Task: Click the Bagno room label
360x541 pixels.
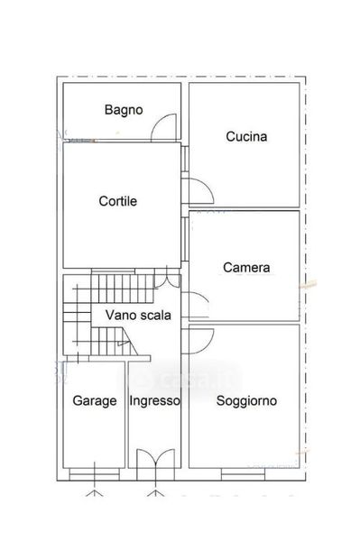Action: [124, 110]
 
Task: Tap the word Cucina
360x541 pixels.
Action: [246, 137]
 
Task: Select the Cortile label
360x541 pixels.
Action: [117, 201]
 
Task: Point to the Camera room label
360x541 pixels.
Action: [246, 268]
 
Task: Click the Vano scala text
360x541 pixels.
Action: [138, 315]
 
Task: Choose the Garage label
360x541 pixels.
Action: [95, 401]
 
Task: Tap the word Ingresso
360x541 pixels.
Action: [154, 401]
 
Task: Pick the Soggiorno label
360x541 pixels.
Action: [246, 401]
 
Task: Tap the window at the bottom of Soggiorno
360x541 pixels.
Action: [243, 474]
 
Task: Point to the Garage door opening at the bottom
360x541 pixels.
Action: [95, 474]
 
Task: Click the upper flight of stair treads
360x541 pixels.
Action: [123, 289]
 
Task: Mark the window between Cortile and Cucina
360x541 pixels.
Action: [185, 159]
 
